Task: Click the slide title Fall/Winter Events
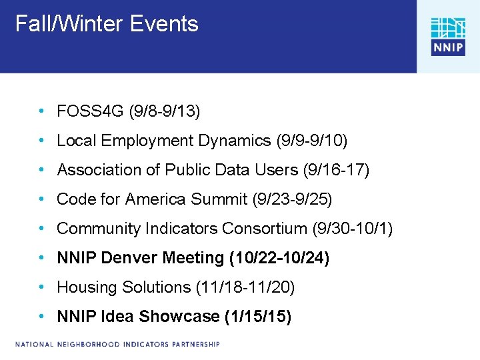107,25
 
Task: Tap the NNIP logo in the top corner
447,37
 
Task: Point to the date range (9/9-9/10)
311,141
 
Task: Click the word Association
99,170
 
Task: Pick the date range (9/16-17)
336,170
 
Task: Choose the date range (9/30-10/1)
353,229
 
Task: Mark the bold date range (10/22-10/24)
279,258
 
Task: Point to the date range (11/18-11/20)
245,287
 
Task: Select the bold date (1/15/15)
258,317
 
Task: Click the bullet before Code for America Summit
42,199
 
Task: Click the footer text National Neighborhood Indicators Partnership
118,345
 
